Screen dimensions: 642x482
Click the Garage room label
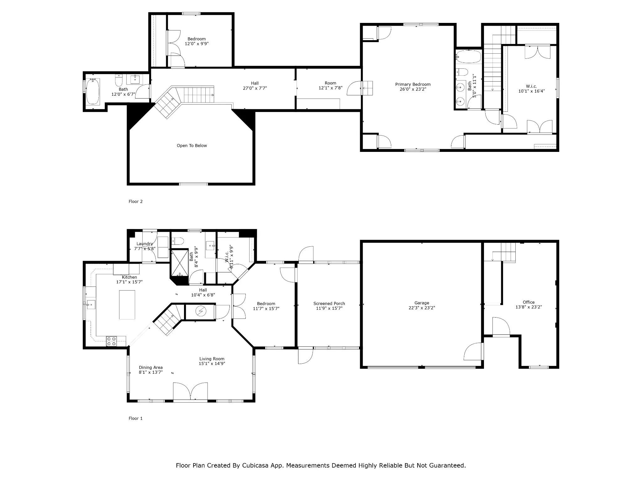pos(422,303)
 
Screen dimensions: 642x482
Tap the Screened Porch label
pos(329,303)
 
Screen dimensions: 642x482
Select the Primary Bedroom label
pos(413,84)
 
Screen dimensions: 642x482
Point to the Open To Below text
pos(192,146)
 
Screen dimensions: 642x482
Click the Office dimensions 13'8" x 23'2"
pos(529,307)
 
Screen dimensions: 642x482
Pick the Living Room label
pos(212,359)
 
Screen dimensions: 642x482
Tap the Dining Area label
pos(151,367)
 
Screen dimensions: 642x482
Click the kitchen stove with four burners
pos(111,341)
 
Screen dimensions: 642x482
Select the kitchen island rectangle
pos(127,305)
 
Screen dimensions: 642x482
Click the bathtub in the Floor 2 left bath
pos(93,91)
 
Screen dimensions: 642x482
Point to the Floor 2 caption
pos(135,201)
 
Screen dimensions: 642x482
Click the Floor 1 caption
pos(135,418)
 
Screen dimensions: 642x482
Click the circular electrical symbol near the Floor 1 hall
pos(200,311)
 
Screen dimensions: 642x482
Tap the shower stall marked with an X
pos(180,263)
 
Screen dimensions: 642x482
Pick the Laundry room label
pos(145,244)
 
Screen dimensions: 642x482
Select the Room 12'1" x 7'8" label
pos(330,86)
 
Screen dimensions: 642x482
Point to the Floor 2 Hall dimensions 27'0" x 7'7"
pos(255,88)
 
